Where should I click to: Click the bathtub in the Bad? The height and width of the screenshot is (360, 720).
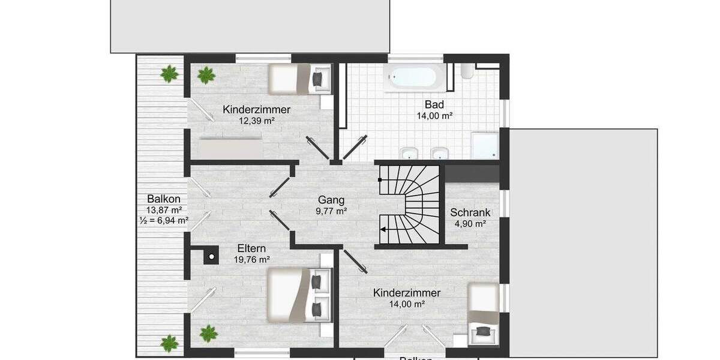click(x=415, y=77)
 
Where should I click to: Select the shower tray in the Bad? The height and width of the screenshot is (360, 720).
click(x=484, y=146)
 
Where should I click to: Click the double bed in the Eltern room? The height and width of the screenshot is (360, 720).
click(x=294, y=295)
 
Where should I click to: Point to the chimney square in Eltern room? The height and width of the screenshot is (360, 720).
click(x=211, y=257)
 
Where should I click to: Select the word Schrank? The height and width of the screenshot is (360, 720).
click(x=470, y=212)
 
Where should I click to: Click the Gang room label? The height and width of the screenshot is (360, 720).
click(x=332, y=200)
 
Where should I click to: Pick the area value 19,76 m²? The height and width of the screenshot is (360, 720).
click(x=251, y=260)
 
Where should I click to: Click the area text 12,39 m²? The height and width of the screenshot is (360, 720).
click(x=256, y=121)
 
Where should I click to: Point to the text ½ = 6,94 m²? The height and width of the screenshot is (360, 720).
click(x=164, y=221)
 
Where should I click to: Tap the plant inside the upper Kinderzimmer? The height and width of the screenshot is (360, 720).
click(x=206, y=75)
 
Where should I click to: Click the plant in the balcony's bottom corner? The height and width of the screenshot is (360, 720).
click(x=170, y=344)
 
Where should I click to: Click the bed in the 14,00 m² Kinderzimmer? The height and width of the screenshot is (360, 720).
click(x=484, y=313)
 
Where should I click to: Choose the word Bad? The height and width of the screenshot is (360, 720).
click(x=434, y=104)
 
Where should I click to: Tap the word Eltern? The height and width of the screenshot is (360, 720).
click(x=251, y=248)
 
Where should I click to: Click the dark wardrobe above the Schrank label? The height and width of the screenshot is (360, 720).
click(x=472, y=173)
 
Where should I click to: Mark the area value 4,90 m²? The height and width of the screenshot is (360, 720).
click(x=470, y=224)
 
